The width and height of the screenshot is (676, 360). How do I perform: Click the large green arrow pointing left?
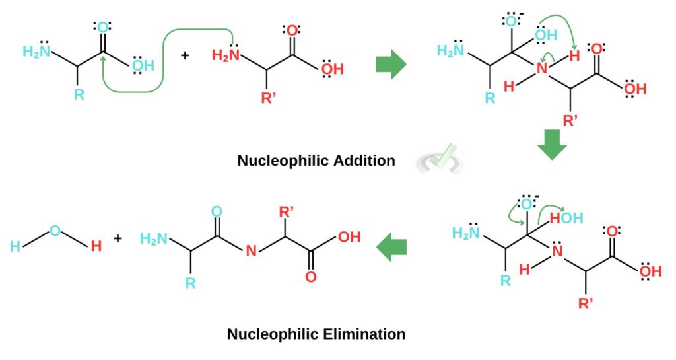pyautogui.click(x=391, y=248)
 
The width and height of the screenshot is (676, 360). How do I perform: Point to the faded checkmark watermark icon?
pyautogui.click(x=441, y=159)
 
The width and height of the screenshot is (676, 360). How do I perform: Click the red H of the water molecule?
pyautogui.click(x=96, y=246)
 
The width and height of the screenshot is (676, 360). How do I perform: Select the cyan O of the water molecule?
pyautogui.click(x=55, y=231)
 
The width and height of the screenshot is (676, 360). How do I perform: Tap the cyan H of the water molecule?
pyautogui.click(x=15, y=247)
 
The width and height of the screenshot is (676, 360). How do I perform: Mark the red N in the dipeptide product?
pyautogui.click(x=250, y=250)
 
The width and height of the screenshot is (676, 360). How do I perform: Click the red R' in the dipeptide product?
pyautogui.click(x=287, y=212)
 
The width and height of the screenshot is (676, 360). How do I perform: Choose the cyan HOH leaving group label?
pyautogui.click(x=566, y=217)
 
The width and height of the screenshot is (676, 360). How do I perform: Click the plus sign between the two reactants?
pyautogui.click(x=185, y=56)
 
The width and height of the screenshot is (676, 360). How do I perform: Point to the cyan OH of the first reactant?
pyautogui.click(x=143, y=64)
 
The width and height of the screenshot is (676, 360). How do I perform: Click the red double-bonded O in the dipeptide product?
pyautogui.click(x=311, y=277)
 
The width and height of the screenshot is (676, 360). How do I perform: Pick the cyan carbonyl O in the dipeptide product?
pyautogui.click(x=217, y=212)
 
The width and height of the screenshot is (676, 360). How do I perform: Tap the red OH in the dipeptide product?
pyautogui.click(x=349, y=237)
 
